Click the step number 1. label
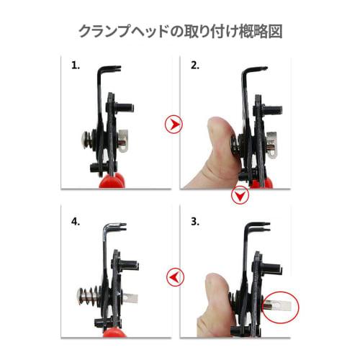click(x=76, y=66)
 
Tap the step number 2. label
click(x=195, y=66)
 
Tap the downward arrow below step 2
click(x=240, y=196)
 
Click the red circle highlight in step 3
click(x=283, y=306)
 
